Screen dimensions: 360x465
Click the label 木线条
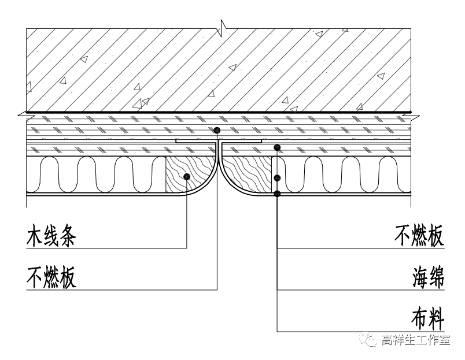click(52, 237)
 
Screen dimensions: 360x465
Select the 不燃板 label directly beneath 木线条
click(52, 277)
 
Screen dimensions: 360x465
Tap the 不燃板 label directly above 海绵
click(419, 237)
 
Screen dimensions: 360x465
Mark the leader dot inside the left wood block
click(186, 177)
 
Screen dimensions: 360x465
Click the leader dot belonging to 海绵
click(278, 177)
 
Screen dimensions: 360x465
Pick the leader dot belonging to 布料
click(278, 194)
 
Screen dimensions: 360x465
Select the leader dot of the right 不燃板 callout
click(278, 148)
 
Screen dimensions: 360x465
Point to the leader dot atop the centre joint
click(216, 131)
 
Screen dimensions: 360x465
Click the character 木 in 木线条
click(36, 237)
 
